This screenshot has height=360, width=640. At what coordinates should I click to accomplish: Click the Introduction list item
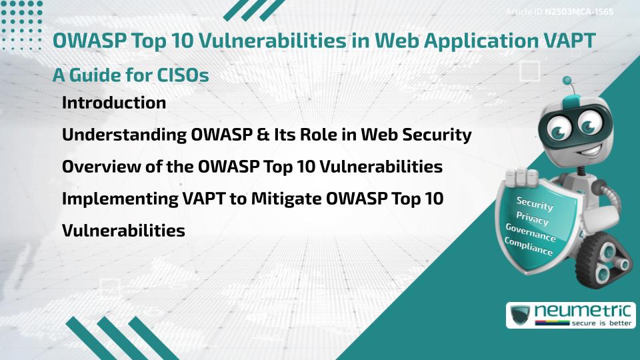[x=114, y=103]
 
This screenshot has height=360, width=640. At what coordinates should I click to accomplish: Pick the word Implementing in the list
[x=120, y=199]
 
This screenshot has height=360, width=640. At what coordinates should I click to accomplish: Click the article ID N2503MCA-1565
[x=579, y=12]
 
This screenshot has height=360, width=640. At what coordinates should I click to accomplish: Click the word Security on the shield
[x=535, y=203]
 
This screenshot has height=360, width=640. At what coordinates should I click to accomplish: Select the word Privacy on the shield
[x=532, y=218]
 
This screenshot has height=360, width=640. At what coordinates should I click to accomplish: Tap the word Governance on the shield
[x=531, y=233]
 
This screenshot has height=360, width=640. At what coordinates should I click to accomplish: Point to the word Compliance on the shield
[x=528, y=247]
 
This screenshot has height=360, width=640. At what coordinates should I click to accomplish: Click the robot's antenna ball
[x=567, y=81]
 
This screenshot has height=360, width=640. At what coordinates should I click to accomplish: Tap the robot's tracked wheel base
[x=603, y=260]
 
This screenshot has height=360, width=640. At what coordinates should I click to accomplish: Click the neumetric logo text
[x=583, y=311]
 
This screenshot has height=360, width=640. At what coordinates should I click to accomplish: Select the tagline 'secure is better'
[x=601, y=323]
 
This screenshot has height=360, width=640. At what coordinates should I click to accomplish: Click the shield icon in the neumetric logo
[x=520, y=315]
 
